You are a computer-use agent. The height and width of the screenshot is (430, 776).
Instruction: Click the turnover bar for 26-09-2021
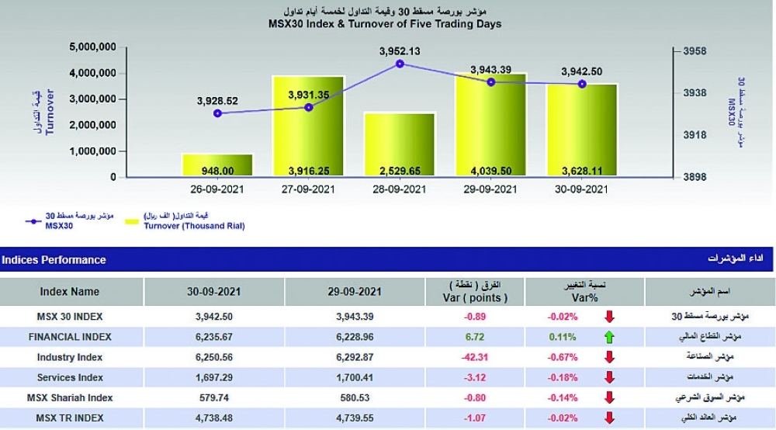[217, 165]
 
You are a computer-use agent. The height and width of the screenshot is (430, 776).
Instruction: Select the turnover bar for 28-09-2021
[400, 145]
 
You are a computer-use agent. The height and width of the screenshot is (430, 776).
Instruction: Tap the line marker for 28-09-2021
[400, 64]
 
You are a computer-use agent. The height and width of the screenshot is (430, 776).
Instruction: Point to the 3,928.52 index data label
[217, 101]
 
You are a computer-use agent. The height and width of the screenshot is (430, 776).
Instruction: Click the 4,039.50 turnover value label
[490, 170]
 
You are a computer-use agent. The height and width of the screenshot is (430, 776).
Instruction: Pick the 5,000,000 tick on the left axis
[92, 47]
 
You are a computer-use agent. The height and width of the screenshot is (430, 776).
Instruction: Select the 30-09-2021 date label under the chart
[582, 189]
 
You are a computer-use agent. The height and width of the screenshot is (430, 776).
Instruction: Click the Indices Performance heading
[54, 259]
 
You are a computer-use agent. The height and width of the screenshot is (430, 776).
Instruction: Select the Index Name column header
[70, 292]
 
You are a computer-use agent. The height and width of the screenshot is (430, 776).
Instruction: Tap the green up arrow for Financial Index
[609, 337]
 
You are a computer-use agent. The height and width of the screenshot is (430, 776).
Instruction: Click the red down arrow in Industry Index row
[609, 357]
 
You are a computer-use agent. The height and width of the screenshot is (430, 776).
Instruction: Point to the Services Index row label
[70, 377]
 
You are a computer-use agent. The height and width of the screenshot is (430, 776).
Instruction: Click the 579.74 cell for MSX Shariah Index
[213, 397]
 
